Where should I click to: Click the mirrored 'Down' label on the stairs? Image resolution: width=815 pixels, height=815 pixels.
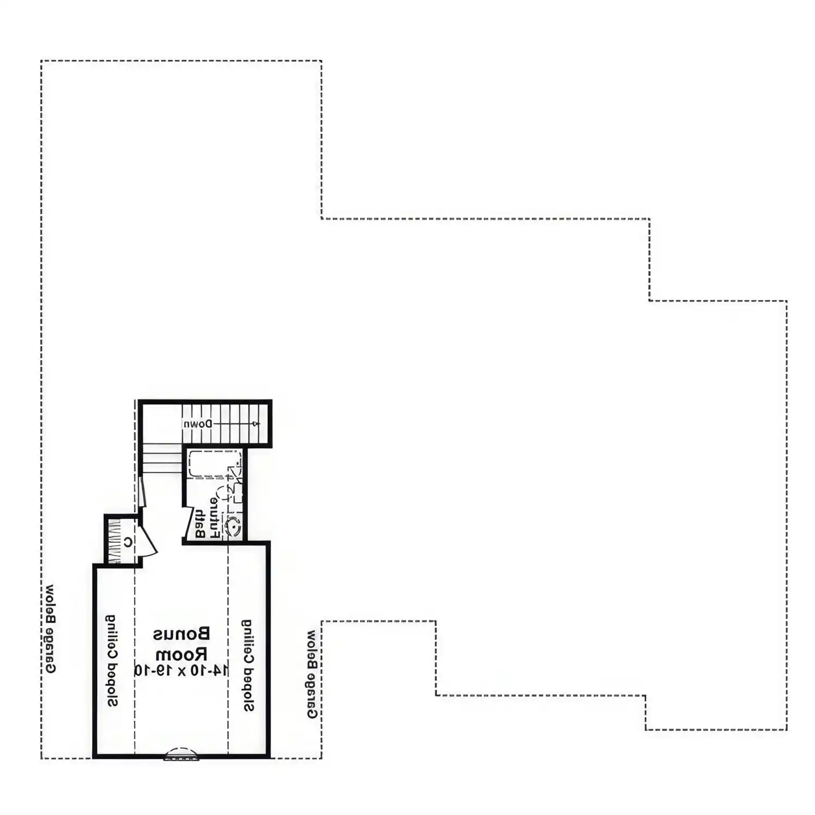coord(197,424)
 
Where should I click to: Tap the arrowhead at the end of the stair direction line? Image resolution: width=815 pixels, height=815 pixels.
coord(257,424)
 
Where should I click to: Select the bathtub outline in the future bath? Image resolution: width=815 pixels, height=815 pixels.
coord(215,463)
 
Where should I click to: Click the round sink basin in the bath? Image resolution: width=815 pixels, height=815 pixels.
coord(233,526)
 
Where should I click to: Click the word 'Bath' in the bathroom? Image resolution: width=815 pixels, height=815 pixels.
coord(199,524)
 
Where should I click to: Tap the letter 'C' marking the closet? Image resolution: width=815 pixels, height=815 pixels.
coord(128,542)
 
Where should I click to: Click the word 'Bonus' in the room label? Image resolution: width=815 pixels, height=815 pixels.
coord(181,634)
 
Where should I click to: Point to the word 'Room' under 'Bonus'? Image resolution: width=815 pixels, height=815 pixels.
coord(181,653)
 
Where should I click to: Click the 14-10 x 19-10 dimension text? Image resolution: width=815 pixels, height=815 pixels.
coord(181,670)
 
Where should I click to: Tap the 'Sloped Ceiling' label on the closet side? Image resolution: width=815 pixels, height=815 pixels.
coord(111,661)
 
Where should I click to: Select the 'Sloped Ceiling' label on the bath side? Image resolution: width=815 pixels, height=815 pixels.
coord(248,666)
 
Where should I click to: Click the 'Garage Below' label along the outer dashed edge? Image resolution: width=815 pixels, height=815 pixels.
coord(49,629)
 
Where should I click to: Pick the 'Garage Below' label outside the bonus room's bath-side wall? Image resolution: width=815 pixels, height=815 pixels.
coord(312,674)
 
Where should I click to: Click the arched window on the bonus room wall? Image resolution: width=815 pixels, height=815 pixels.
coord(182,754)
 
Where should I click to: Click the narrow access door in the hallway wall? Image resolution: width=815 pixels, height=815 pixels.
coord(142,492)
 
